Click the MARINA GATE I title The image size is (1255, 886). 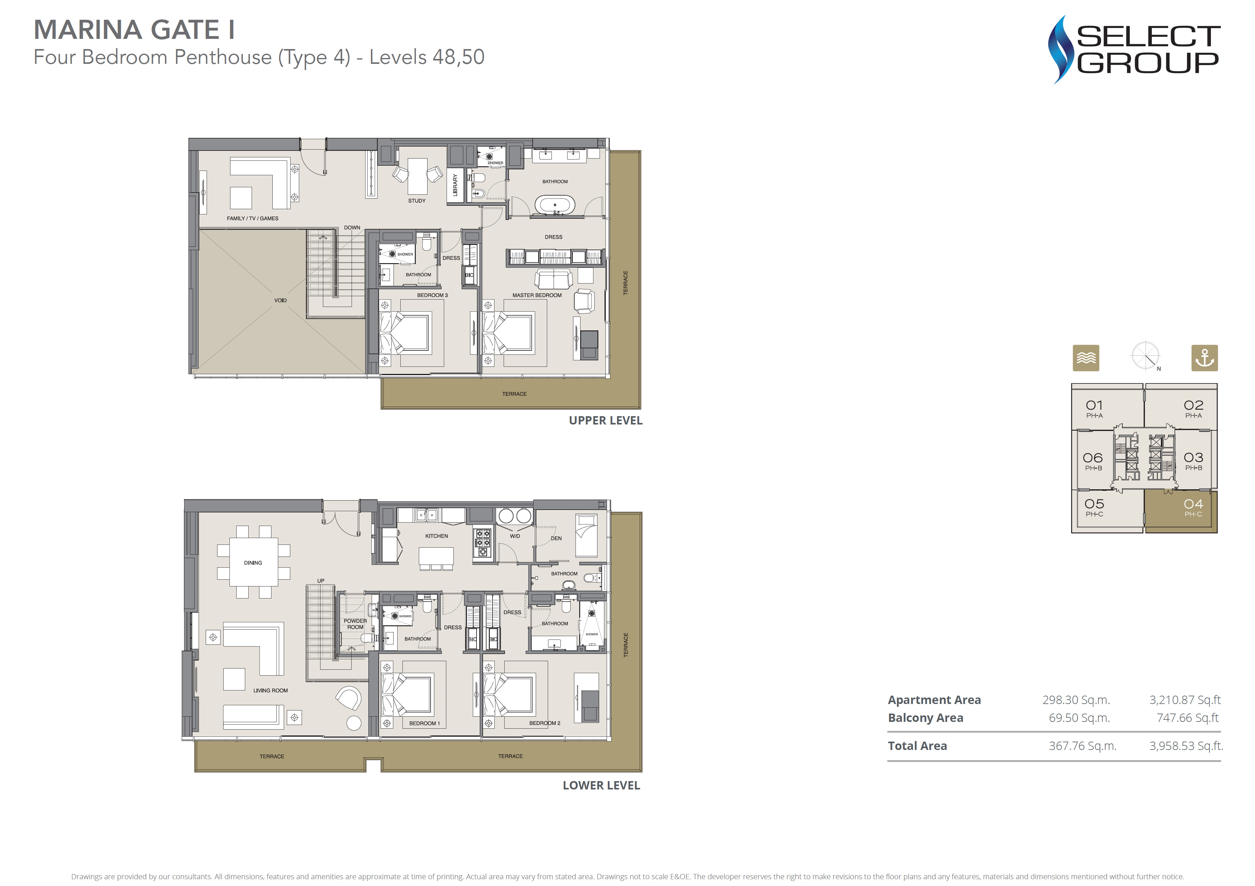[x=134, y=30]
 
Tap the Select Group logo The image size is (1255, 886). [x=1134, y=49]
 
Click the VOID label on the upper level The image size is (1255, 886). [x=280, y=300]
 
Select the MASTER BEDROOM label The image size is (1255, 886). [x=537, y=295]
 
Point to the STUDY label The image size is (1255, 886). [x=416, y=201]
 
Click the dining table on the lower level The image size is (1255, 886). [x=253, y=562]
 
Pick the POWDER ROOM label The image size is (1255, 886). [x=355, y=624]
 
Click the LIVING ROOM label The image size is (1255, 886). [x=270, y=691]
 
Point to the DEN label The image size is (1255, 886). [x=556, y=538]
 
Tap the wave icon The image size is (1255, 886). [x=1086, y=358]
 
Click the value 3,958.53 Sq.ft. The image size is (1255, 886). [x=1186, y=746]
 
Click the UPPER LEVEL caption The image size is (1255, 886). [x=606, y=420]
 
